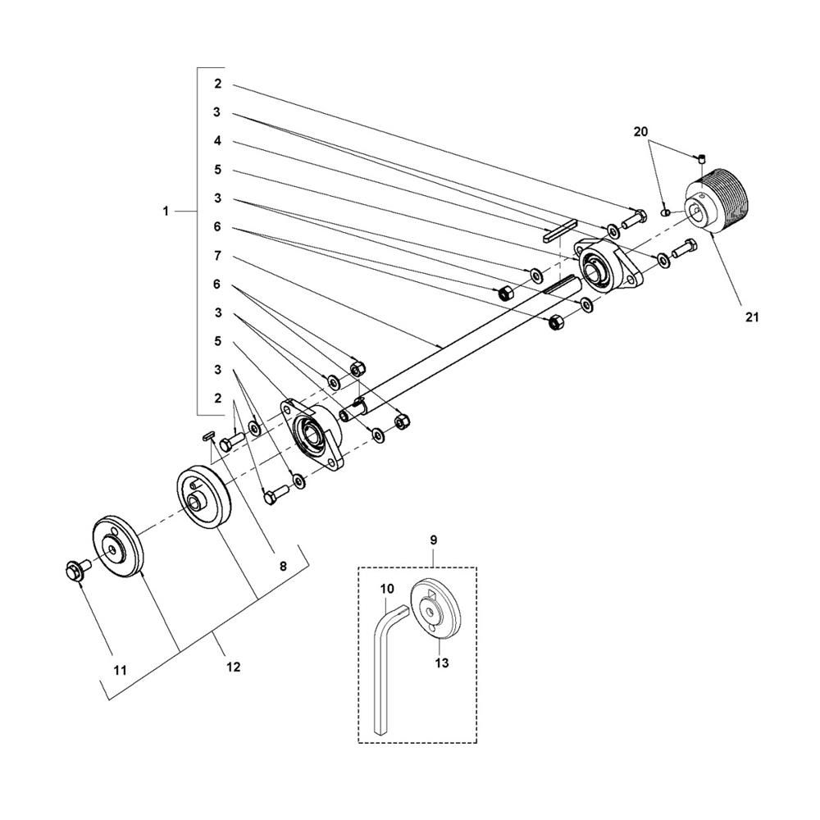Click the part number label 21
(751, 317)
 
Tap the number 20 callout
(640, 132)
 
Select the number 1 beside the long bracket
(166, 212)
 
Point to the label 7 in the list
(217, 256)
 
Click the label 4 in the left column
(217, 141)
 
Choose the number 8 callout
(283, 566)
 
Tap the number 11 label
(121, 671)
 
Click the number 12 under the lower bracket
(233, 667)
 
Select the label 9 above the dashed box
(434, 540)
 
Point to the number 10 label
(387, 589)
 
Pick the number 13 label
(442, 663)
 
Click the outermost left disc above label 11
(117, 547)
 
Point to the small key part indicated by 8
(208, 435)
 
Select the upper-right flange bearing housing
(608, 266)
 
